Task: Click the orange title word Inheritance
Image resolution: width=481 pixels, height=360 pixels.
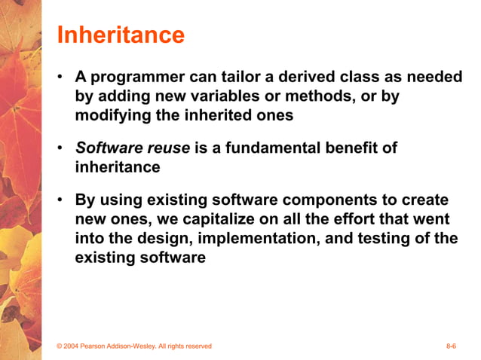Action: (121, 35)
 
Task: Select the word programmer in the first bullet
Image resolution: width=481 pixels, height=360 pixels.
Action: (133, 78)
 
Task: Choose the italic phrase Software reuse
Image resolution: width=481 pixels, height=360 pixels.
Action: (133, 148)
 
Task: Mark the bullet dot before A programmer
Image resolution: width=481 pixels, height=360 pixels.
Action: (60, 78)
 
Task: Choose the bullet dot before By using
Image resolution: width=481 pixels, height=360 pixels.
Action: (60, 202)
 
